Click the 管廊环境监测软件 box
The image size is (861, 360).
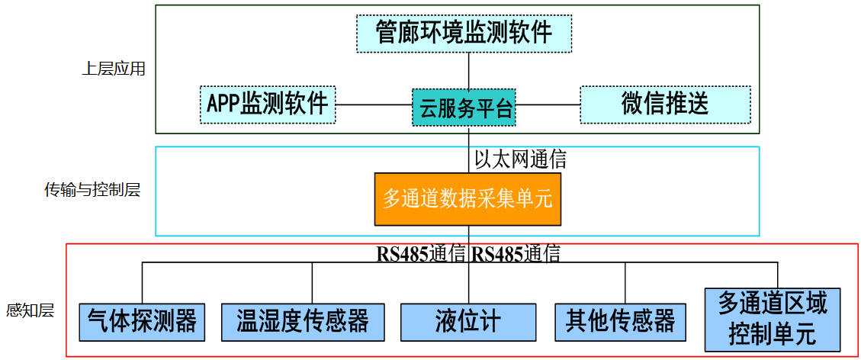(x=464, y=32)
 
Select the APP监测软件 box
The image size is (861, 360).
(x=268, y=104)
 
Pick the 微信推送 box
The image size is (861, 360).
(x=664, y=104)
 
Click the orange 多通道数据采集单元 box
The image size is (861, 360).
(x=467, y=199)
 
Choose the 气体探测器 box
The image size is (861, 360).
(x=142, y=321)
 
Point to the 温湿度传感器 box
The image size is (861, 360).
(x=302, y=321)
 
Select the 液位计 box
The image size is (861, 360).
(x=467, y=321)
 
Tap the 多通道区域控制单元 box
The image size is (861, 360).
(x=772, y=319)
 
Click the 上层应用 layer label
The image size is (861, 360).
(x=113, y=69)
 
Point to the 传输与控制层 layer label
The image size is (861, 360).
(x=92, y=190)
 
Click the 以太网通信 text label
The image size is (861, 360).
(x=520, y=159)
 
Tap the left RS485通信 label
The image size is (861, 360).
(x=421, y=254)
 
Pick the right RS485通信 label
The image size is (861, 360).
(x=516, y=254)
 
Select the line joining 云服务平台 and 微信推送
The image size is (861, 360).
(x=548, y=104)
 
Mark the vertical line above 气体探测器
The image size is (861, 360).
(x=142, y=284)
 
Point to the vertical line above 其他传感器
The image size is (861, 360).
(x=625, y=284)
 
